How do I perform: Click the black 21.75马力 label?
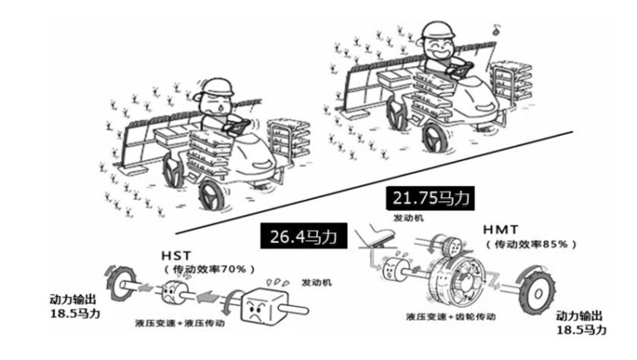click(x=430, y=198)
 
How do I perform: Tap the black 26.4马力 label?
click(x=304, y=236)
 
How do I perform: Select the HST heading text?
click(x=176, y=256)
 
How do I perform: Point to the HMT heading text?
click(x=500, y=230)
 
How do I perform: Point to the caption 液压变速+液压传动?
click(x=179, y=324)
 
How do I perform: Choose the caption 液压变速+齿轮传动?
click(x=451, y=317)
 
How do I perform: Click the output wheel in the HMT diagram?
click(x=536, y=289)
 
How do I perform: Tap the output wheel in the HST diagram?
click(x=121, y=283)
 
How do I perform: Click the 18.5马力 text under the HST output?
click(x=75, y=314)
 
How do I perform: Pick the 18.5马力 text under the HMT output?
click(x=581, y=330)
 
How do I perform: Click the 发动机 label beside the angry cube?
click(x=317, y=283)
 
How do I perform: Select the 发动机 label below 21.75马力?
click(x=408, y=218)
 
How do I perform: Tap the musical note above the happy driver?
click(x=497, y=29)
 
